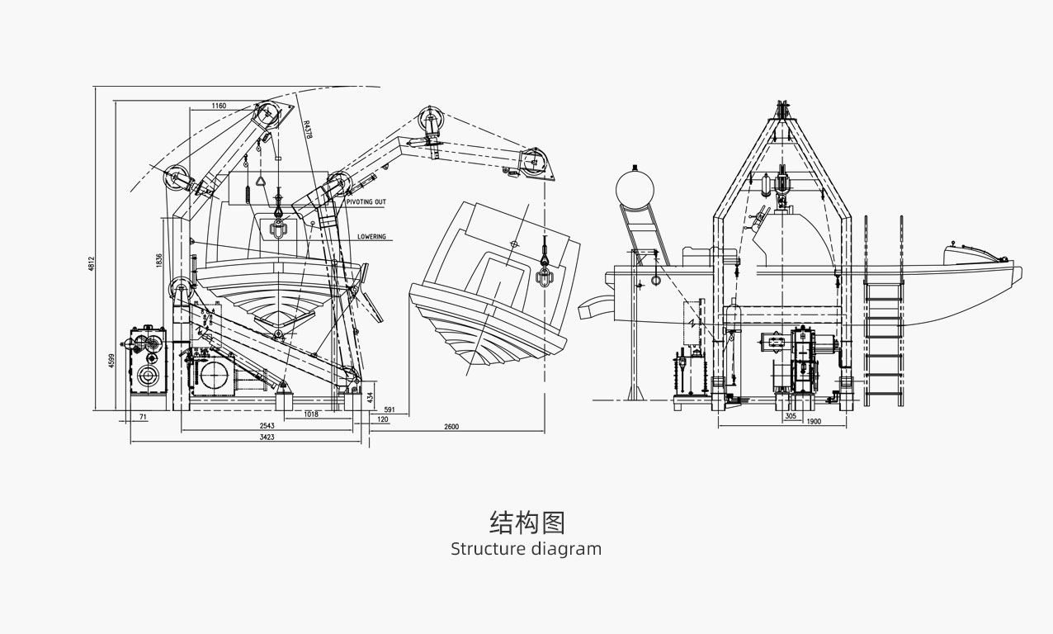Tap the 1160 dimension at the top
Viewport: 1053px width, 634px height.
[x=219, y=106]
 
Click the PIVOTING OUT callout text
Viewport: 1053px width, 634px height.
[x=366, y=201]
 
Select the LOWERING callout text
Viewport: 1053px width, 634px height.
[x=371, y=237]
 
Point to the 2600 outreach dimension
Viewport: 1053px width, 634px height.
[x=451, y=427]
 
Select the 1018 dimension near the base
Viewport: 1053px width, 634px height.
[x=311, y=414]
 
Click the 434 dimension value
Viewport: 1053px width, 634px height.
[x=371, y=397]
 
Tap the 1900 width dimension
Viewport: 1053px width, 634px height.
[x=814, y=422]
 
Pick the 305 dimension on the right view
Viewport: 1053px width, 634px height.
[x=791, y=416]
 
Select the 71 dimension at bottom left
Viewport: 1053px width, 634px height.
[x=143, y=418]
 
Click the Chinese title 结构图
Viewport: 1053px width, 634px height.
[x=526, y=523]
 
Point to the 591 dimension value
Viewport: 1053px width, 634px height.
[x=390, y=409]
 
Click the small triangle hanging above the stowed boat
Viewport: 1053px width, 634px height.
[x=263, y=182]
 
